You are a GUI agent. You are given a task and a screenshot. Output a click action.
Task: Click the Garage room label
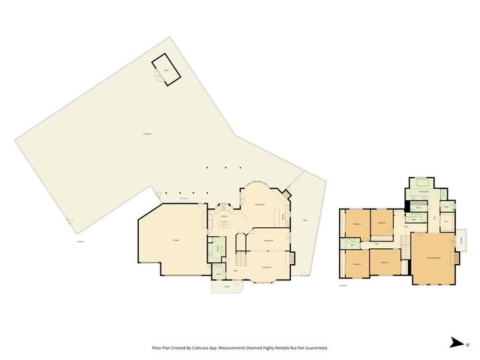[175, 239]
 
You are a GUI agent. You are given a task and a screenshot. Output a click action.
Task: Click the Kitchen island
[223, 224]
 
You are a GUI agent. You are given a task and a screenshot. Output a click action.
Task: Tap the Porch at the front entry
[226, 285]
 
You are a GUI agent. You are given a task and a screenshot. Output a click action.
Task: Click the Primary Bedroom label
[433, 257]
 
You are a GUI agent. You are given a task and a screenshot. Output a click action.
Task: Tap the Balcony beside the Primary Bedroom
[463, 241]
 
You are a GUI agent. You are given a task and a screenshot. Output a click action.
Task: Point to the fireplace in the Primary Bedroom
[454, 259]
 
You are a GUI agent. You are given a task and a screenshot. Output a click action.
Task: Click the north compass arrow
[456, 342]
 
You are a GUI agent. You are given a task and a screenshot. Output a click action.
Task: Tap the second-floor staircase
[406, 243]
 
